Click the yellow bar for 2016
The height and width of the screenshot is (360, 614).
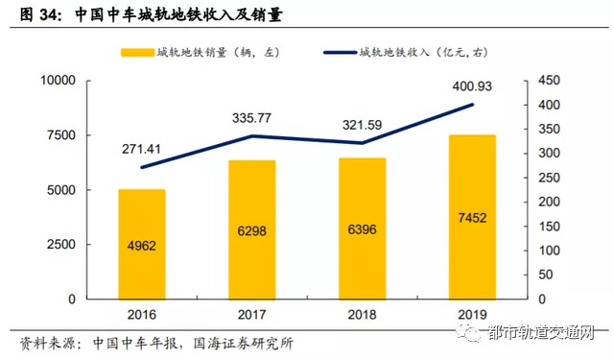point(142,244)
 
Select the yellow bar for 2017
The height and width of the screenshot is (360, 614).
point(252,229)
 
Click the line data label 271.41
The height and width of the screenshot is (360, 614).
point(142,150)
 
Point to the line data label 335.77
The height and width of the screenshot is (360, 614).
point(252,118)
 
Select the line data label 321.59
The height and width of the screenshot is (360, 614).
point(363,125)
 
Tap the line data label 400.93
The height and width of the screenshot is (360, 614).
point(472,86)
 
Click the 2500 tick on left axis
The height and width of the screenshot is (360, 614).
point(60,245)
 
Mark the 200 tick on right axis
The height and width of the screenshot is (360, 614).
point(544,203)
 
